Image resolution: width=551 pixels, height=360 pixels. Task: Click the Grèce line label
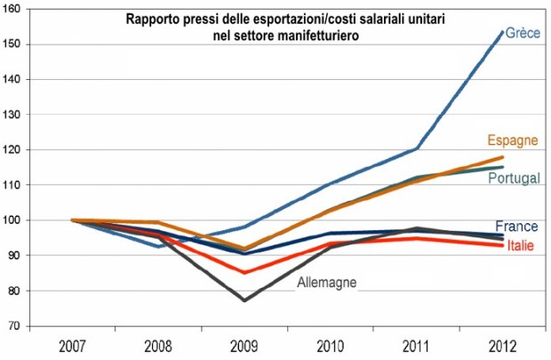pos(523,33)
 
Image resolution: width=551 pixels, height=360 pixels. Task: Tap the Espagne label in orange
pos(514,141)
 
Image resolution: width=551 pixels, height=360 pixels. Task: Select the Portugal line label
pos(514,179)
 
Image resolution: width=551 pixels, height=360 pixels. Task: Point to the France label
pos(515,226)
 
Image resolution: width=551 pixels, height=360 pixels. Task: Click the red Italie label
pos(520,244)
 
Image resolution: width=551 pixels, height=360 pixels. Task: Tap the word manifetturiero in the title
pos(309,34)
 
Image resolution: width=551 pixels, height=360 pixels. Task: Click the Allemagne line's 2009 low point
pos(244,300)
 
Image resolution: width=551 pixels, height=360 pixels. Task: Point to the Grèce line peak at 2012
pos(503,32)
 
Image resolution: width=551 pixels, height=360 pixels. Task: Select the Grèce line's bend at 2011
pos(417,148)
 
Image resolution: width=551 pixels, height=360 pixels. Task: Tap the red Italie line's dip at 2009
pos(244,272)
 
